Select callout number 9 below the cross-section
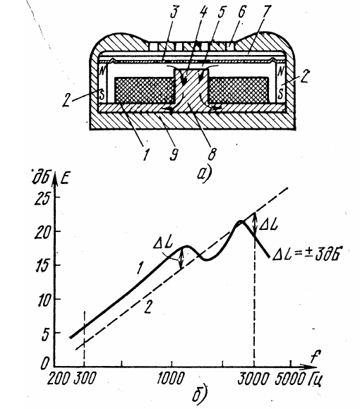[x=174, y=154]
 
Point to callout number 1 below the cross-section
[x=146, y=153]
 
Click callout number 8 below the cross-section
[x=212, y=153]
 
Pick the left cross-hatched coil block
[x=145, y=90]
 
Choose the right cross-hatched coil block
[x=238, y=90]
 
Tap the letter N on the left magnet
[x=102, y=71]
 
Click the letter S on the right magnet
[x=281, y=94]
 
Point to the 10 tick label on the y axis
[x=43, y=300]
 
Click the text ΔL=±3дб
[x=307, y=254]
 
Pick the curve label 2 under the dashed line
[x=148, y=307]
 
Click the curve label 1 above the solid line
[x=140, y=268]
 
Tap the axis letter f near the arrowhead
[x=316, y=356]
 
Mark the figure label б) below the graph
[x=200, y=395]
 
